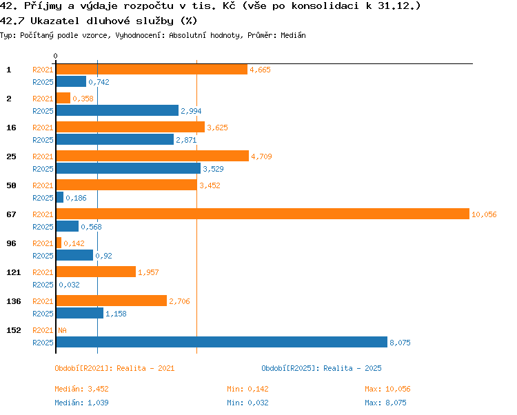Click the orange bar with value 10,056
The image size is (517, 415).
click(x=263, y=214)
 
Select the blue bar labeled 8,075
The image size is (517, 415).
click(x=222, y=342)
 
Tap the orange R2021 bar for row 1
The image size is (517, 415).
click(x=152, y=69)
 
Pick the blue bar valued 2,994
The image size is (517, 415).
click(x=117, y=110)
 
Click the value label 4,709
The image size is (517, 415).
click(x=261, y=156)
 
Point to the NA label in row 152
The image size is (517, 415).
click(x=62, y=330)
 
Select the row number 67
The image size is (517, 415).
click(x=11, y=214)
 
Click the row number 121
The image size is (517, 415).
click(x=14, y=272)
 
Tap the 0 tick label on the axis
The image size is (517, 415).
click(x=55, y=56)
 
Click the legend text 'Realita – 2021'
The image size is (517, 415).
click(x=145, y=368)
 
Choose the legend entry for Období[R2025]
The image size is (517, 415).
click(x=321, y=368)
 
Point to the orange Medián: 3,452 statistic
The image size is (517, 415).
click(x=81, y=389)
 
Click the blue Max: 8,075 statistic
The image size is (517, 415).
click(x=385, y=403)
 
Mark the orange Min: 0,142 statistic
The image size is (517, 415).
click(x=247, y=389)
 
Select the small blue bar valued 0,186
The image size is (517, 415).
click(x=60, y=197)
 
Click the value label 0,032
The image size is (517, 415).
click(x=69, y=285)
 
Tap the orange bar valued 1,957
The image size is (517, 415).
click(x=96, y=272)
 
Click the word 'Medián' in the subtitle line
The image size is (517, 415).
click(x=293, y=35)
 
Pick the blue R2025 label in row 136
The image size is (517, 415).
click(x=43, y=314)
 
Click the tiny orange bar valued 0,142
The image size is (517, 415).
click(x=59, y=243)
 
